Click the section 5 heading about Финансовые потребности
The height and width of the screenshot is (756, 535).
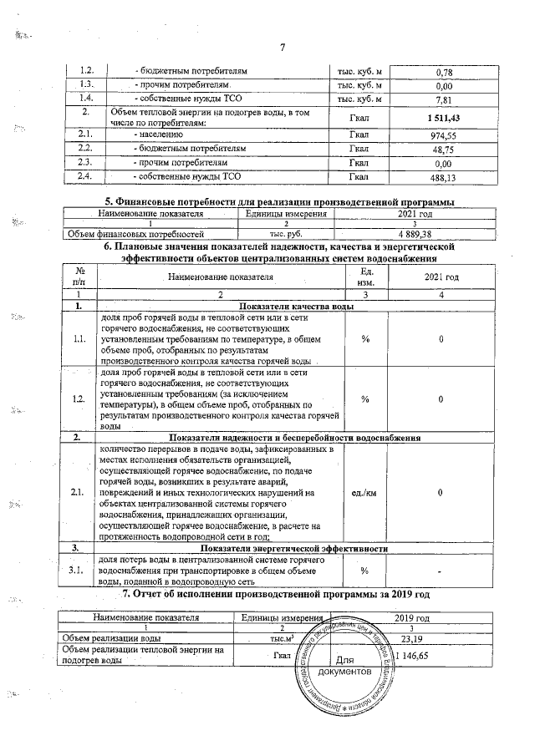click(x=278, y=203)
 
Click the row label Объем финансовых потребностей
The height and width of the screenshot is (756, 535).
click(x=135, y=235)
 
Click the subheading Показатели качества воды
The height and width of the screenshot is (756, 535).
click(x=296, y=307)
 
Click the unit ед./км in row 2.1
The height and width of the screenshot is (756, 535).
click(x=365, y=493)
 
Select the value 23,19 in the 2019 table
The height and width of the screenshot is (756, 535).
click(x=410, y=639)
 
